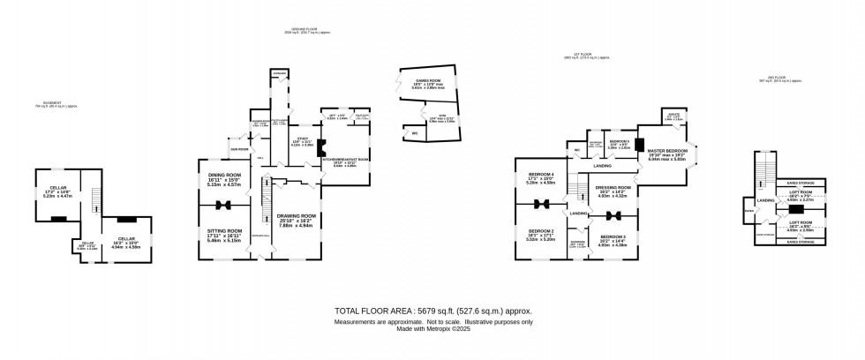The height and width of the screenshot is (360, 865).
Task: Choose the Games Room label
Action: pos(427,81)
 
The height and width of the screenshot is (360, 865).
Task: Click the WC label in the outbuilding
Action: pos(413,133)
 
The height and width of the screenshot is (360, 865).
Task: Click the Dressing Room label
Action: pos(613,188)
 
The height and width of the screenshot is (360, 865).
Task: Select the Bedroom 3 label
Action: pos(613,238)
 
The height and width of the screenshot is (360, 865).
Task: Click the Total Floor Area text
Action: pos(432,311)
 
